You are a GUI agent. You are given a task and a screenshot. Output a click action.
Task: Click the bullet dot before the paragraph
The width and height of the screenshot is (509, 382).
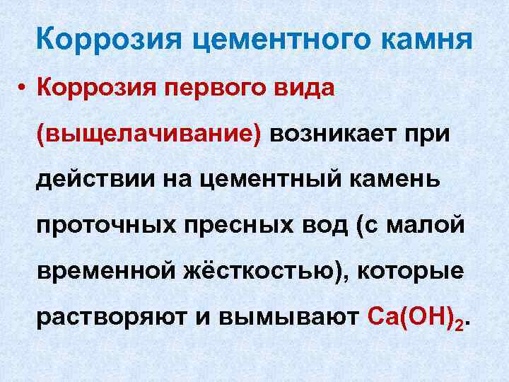click(23, 89)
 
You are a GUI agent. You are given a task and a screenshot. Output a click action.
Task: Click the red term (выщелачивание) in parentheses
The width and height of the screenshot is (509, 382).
click(148, 134)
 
